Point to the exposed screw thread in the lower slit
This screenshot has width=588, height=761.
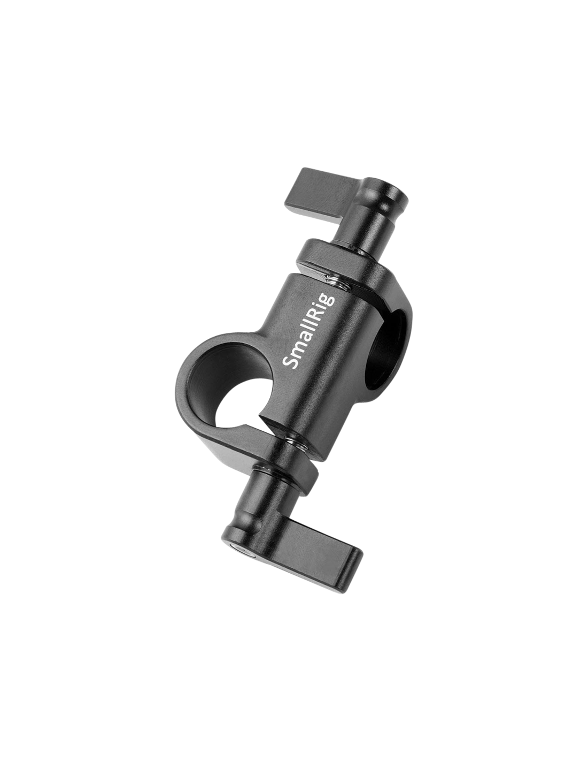coord(296,443)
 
